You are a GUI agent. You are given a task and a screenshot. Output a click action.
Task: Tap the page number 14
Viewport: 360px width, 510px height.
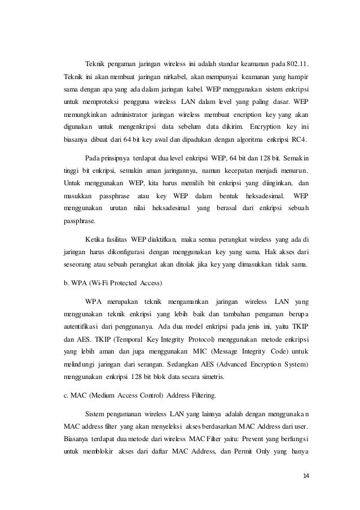click(x=306, y=474)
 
